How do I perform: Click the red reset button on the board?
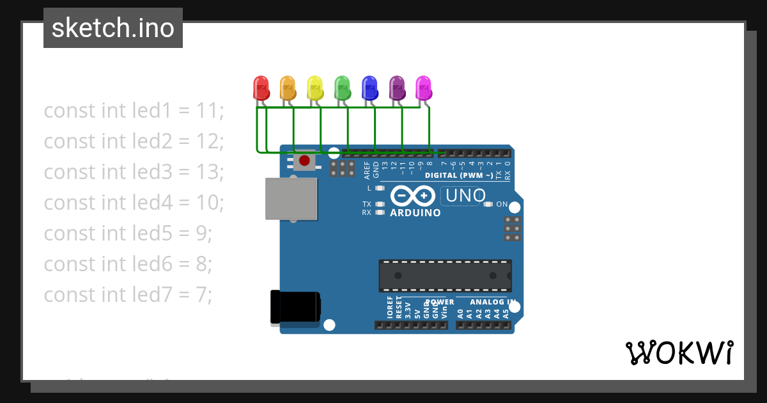pos(305,160)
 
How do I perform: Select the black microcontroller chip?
pos(445,276)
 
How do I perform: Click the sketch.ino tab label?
pos(113,28)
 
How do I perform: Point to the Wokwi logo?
pos(679,352)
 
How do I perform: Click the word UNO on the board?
pos(465,195)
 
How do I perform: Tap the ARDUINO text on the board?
pos(415,213)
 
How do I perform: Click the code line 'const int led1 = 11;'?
pos(134,111)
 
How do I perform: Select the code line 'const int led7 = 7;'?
pos(128,295)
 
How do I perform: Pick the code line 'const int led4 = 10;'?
pos(134,203)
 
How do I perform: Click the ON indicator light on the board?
pos(489,205)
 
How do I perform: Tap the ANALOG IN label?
pos(493,302)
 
